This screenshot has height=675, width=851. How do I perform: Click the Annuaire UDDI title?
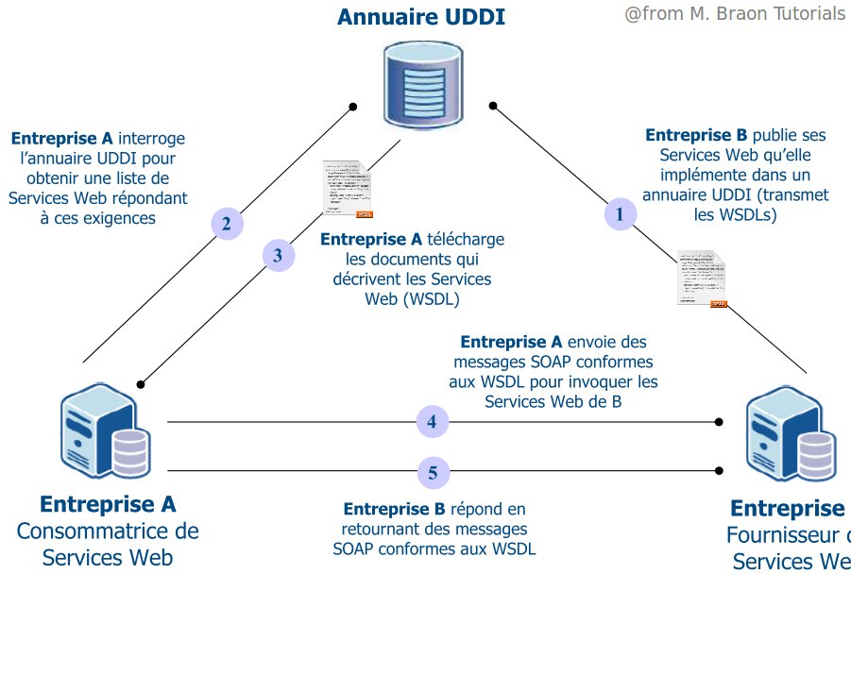pyautogui.click(x=420, y=17)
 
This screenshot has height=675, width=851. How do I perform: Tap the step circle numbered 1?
pyautogui.click(x=620, y=214)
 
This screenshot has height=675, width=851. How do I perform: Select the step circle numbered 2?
pyautogui.click(x=226, y=225)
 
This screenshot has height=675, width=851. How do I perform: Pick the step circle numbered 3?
pyautogui.click(x=278, y=255)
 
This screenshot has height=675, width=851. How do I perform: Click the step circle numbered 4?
pyautogui.click(x=432, y=422)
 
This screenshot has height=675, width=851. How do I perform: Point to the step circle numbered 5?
pyautogui.click(x=433, y=473)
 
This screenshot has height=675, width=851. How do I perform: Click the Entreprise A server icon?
pyautogui.click(x=104, y=431)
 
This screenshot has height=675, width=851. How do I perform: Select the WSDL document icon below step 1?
pyautogui.click(x=702, y=278)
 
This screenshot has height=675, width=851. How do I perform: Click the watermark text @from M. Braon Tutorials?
pyautogui.click(x=734, y=14)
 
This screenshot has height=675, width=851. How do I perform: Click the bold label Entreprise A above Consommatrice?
pyautogui.click(x=108, y=504)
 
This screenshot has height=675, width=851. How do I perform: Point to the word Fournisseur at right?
pyautogui.click(x=784, y=536)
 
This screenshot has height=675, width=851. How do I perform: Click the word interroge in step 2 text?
pyautogui.click(x=152, y=138)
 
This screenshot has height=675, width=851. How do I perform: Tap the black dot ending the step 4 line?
pyautogui.click(x=719, y=422)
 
